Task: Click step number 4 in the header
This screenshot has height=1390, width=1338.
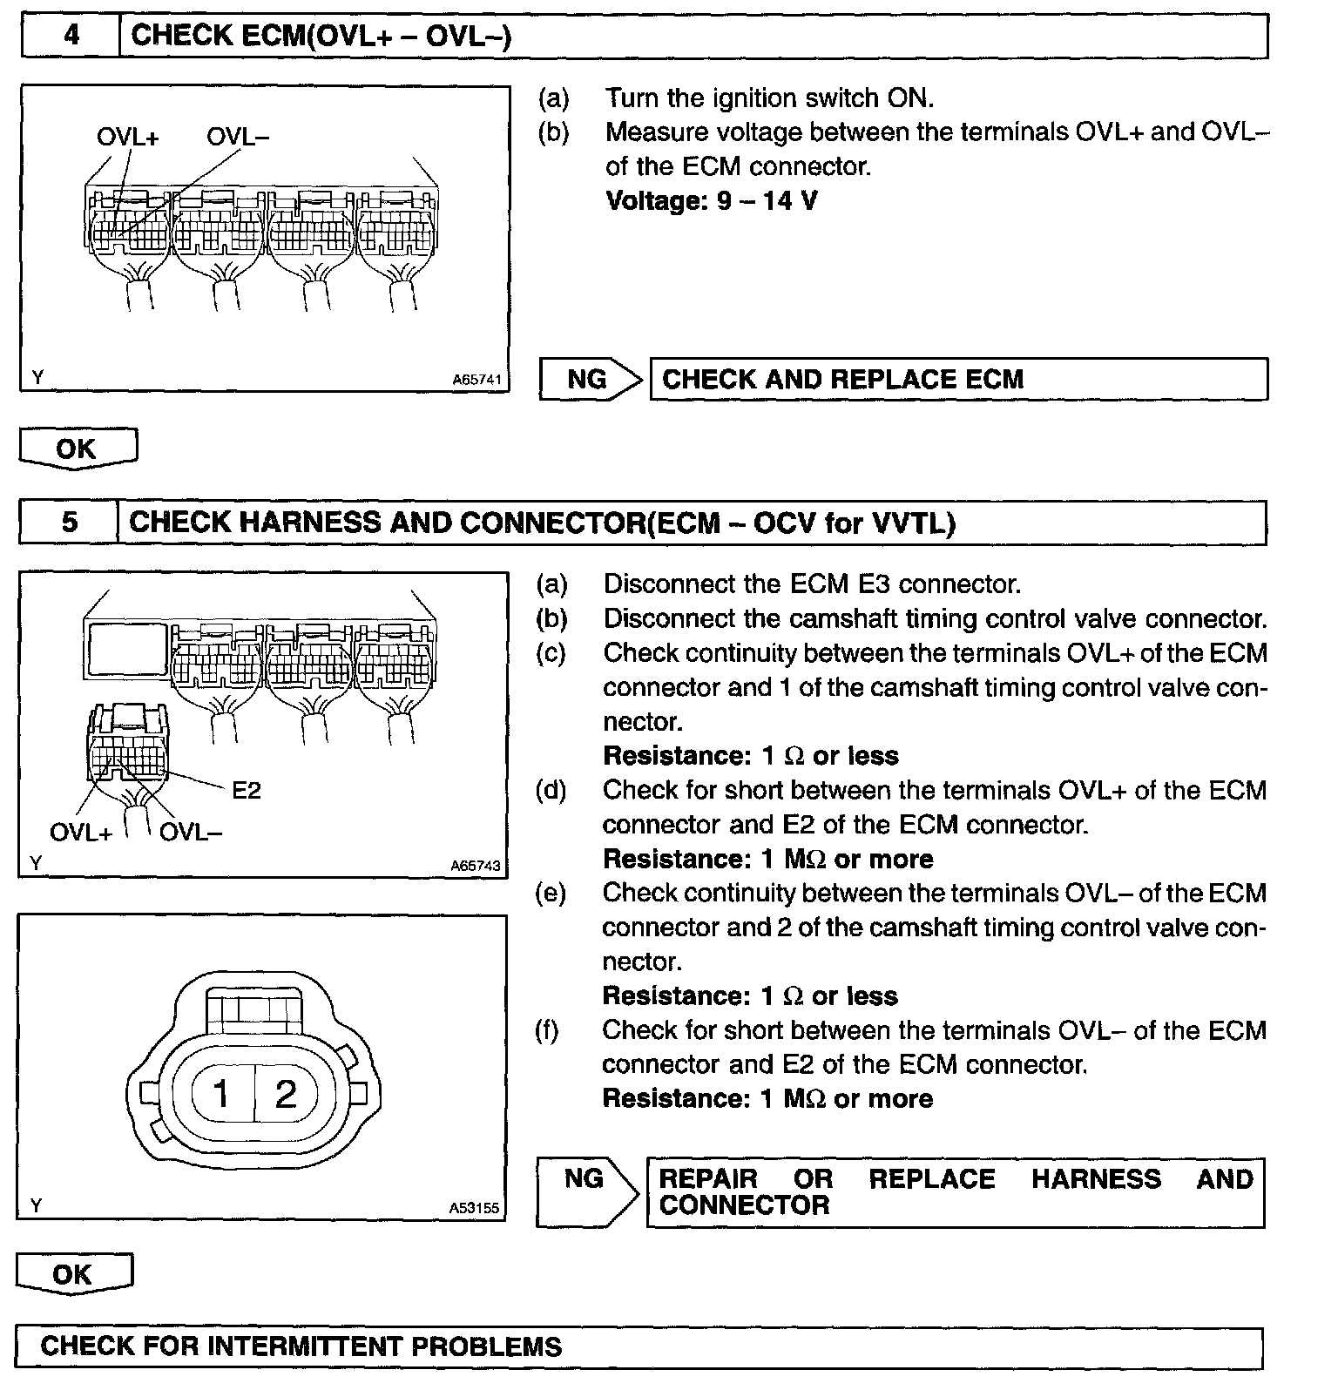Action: (71, 36)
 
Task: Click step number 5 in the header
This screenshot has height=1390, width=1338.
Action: (70, 522)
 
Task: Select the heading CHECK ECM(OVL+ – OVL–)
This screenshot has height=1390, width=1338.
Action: (321, 36)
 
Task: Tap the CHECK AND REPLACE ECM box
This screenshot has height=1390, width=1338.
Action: (958, 380)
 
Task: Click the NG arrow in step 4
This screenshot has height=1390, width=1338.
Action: (590, 379)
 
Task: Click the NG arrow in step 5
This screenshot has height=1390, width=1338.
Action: (587, 1191)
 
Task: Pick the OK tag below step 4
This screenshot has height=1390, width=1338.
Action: (77, 449)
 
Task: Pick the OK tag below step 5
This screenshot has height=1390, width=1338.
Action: (73, 1274)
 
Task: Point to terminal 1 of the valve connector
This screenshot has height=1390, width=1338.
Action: (221, 1093)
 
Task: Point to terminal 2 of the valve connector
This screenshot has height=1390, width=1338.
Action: (286, 1093)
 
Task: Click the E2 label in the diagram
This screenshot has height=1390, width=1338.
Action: (247, 790)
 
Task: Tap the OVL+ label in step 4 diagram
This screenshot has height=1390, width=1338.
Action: (127, 137)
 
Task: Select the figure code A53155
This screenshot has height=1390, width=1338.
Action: (474, 1208)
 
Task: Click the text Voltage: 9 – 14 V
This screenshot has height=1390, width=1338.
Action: (711, 201)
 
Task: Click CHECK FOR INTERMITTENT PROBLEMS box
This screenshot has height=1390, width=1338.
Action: (639, 1346)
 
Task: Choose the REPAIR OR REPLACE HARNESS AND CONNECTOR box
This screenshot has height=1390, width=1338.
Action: (955, 1192)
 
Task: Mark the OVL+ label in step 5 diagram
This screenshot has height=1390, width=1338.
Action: (81, 832)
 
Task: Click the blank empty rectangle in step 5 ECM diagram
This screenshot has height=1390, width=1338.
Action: (126, 649)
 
